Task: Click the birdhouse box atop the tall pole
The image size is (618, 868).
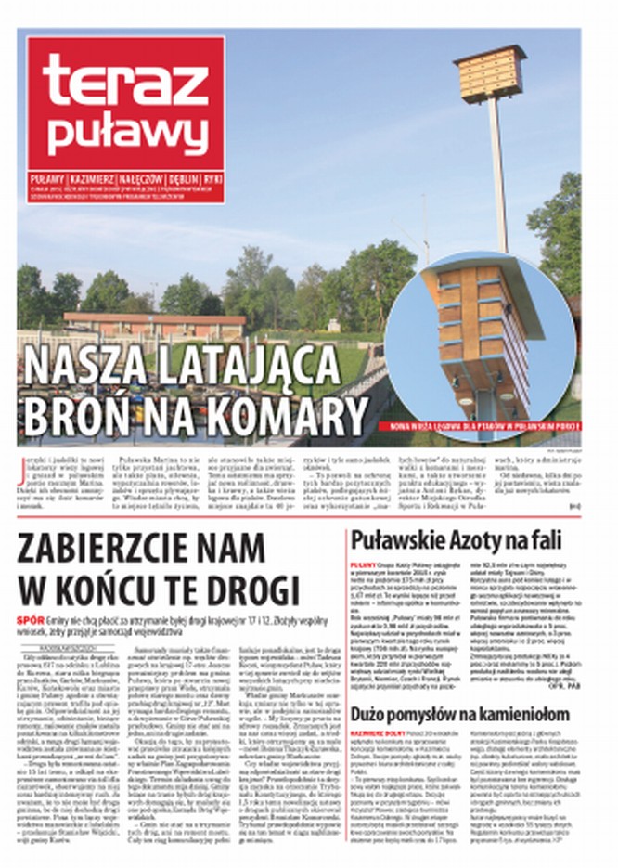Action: click(x=489, y=73)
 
